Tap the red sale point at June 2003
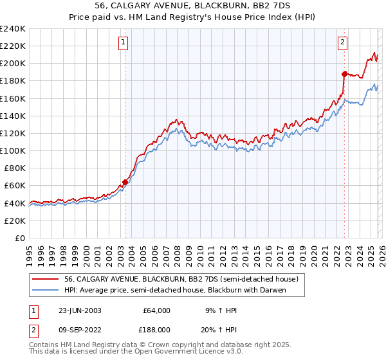tap(125, 182)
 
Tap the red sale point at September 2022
tap(345, 73)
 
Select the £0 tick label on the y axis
tap(19, 238)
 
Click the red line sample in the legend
tap(46, 280)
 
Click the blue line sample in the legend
tap(46, 291)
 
